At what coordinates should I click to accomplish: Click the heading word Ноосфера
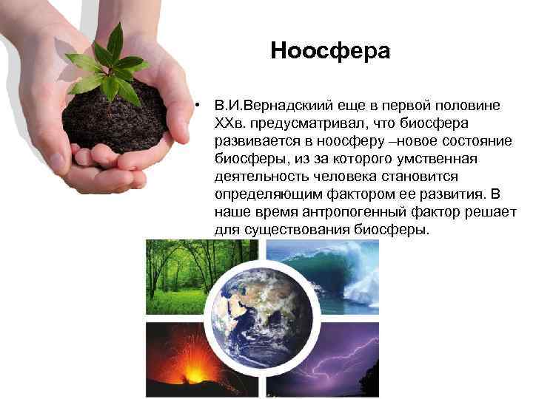329,50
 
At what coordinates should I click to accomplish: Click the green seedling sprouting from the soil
111,66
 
